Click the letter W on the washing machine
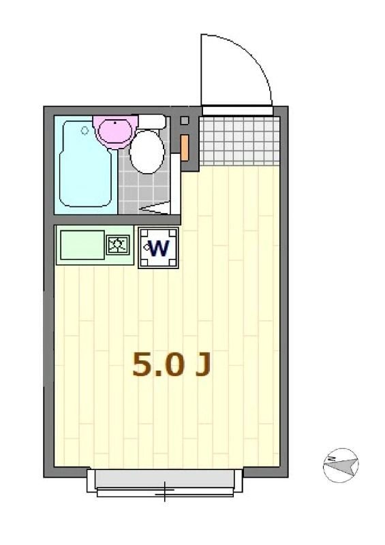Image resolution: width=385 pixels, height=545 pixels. click(159, 248)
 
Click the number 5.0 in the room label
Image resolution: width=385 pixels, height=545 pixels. click(158, 366)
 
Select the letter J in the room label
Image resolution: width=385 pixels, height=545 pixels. click(202, 366)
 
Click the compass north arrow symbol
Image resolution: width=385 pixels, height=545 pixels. click(340, 466)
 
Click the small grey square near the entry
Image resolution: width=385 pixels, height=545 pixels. click(184, 121)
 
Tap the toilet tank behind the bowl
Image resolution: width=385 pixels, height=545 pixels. click(152, 122)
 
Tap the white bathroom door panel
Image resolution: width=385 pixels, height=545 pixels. click(175, 184)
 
